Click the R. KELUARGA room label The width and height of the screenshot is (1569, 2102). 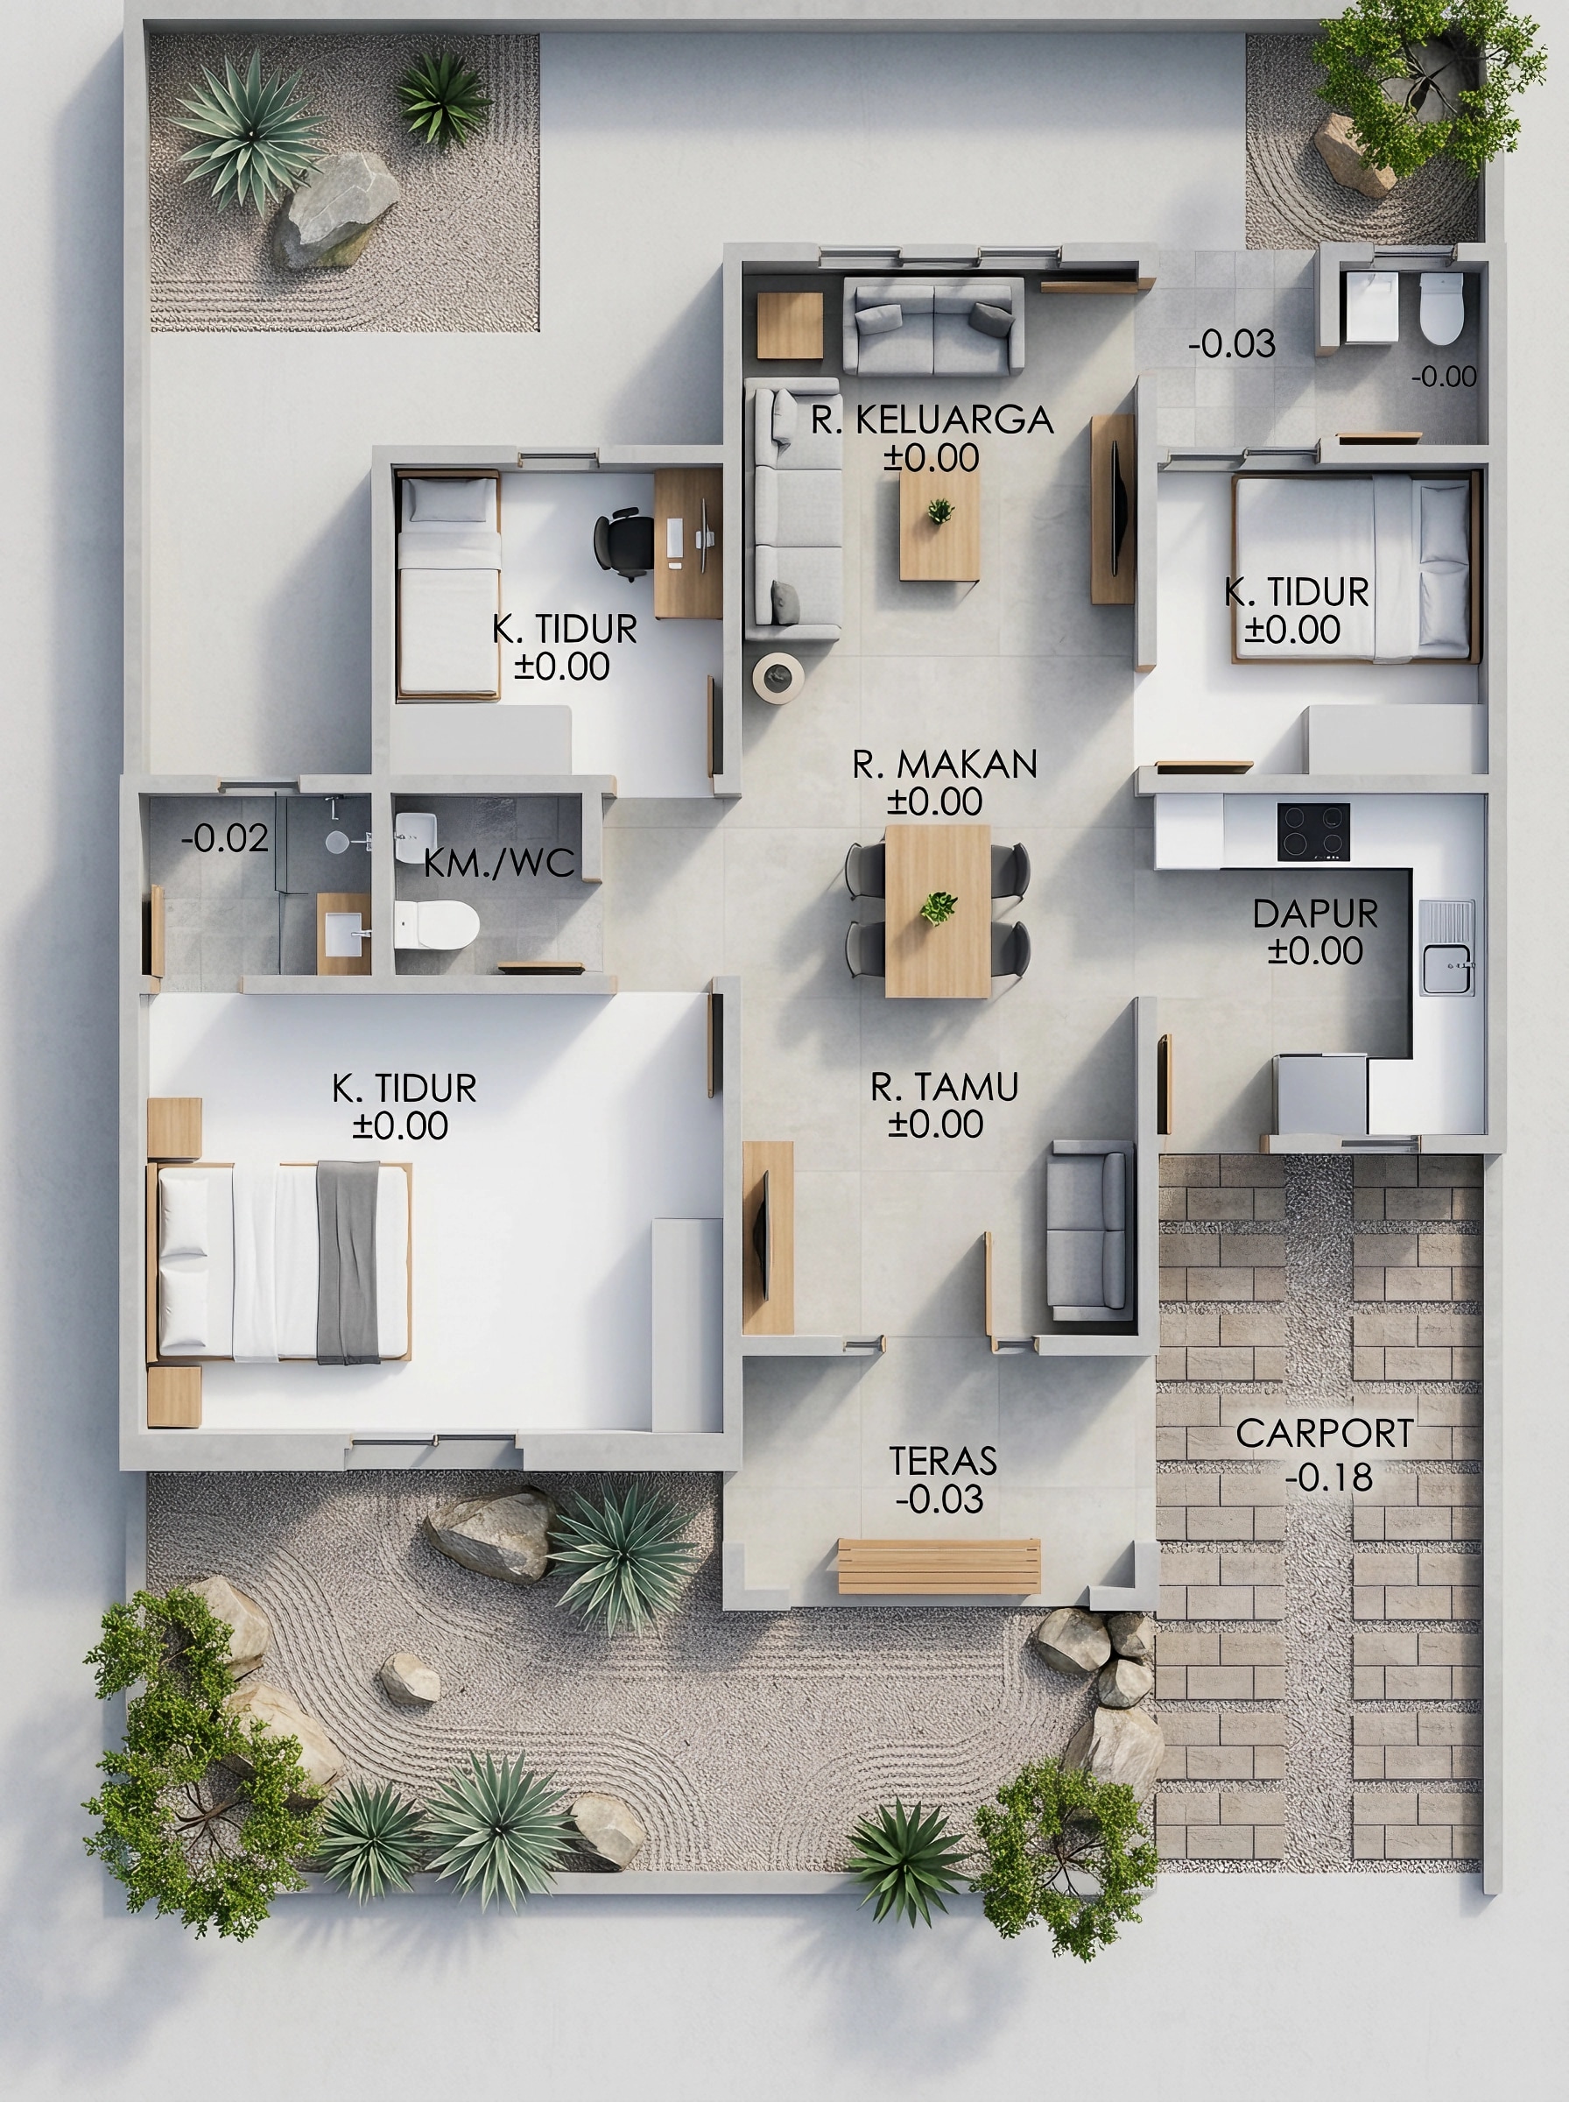932,420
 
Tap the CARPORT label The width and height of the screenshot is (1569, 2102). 1325,1435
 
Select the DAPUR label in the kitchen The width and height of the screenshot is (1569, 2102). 1315,913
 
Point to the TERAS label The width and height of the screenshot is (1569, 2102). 942,1461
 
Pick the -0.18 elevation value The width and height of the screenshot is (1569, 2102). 1329,1477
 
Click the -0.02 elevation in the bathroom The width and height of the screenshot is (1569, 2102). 225,838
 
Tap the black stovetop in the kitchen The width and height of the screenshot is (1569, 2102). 1313,832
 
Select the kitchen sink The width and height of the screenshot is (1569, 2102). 1446,947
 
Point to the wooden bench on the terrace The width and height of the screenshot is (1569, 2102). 939,1566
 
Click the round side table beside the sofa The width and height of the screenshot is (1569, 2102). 778,676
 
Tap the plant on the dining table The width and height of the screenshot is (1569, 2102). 939,908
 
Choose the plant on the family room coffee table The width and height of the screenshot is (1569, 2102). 940,511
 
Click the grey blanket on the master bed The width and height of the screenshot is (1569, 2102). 348,1262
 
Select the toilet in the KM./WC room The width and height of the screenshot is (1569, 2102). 436,925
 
